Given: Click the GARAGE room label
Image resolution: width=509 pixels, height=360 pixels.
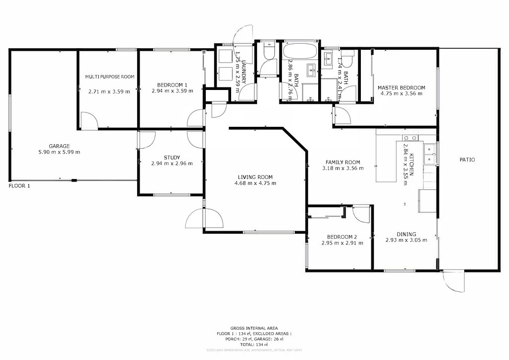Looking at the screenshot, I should point(59,146).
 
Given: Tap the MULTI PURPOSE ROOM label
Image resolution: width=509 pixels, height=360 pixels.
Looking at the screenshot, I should point(109,77).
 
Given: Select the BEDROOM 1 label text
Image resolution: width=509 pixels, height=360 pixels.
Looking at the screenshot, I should point(172,84).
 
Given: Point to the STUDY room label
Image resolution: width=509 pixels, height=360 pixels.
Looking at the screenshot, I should point(172,157).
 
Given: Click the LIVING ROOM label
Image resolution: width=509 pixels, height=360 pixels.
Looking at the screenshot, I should point(255,177).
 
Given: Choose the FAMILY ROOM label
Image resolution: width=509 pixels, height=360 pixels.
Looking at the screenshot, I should point(342,162).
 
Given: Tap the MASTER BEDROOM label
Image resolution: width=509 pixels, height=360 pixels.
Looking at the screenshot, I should point(401,88).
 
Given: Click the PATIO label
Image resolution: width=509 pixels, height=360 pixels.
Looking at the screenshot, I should point(467,160).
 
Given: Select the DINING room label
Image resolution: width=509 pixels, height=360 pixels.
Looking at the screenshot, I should point(406,234).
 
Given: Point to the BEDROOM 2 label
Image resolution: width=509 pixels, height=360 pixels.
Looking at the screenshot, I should point(342,237).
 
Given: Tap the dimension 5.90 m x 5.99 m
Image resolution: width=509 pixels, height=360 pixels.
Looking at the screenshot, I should point(59,152).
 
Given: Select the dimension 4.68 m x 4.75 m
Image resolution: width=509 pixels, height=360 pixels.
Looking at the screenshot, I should point(255,183).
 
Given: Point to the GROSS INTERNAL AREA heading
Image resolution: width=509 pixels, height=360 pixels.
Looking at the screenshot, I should point(254,328).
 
